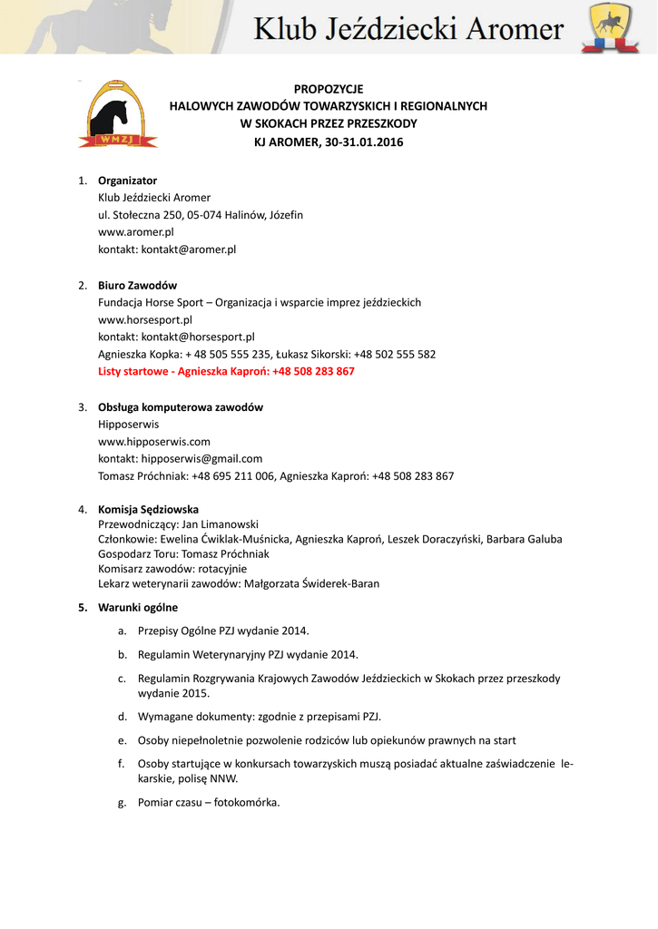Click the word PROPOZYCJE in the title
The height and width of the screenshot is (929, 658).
tap(329, 89)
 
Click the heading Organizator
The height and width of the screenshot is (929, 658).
tap(127, 181)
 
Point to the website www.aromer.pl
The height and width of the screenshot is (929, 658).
tap(135, 232)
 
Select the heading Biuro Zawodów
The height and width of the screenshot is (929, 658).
tap(137, 286)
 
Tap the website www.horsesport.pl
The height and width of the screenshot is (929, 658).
tap(144, 319)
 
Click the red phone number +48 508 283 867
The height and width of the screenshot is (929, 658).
tap(313, 372)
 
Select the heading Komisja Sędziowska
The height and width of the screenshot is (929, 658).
tap(148, 510)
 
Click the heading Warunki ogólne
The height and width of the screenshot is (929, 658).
tap(138, 608)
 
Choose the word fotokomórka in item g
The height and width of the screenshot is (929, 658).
tap(247, 803)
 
